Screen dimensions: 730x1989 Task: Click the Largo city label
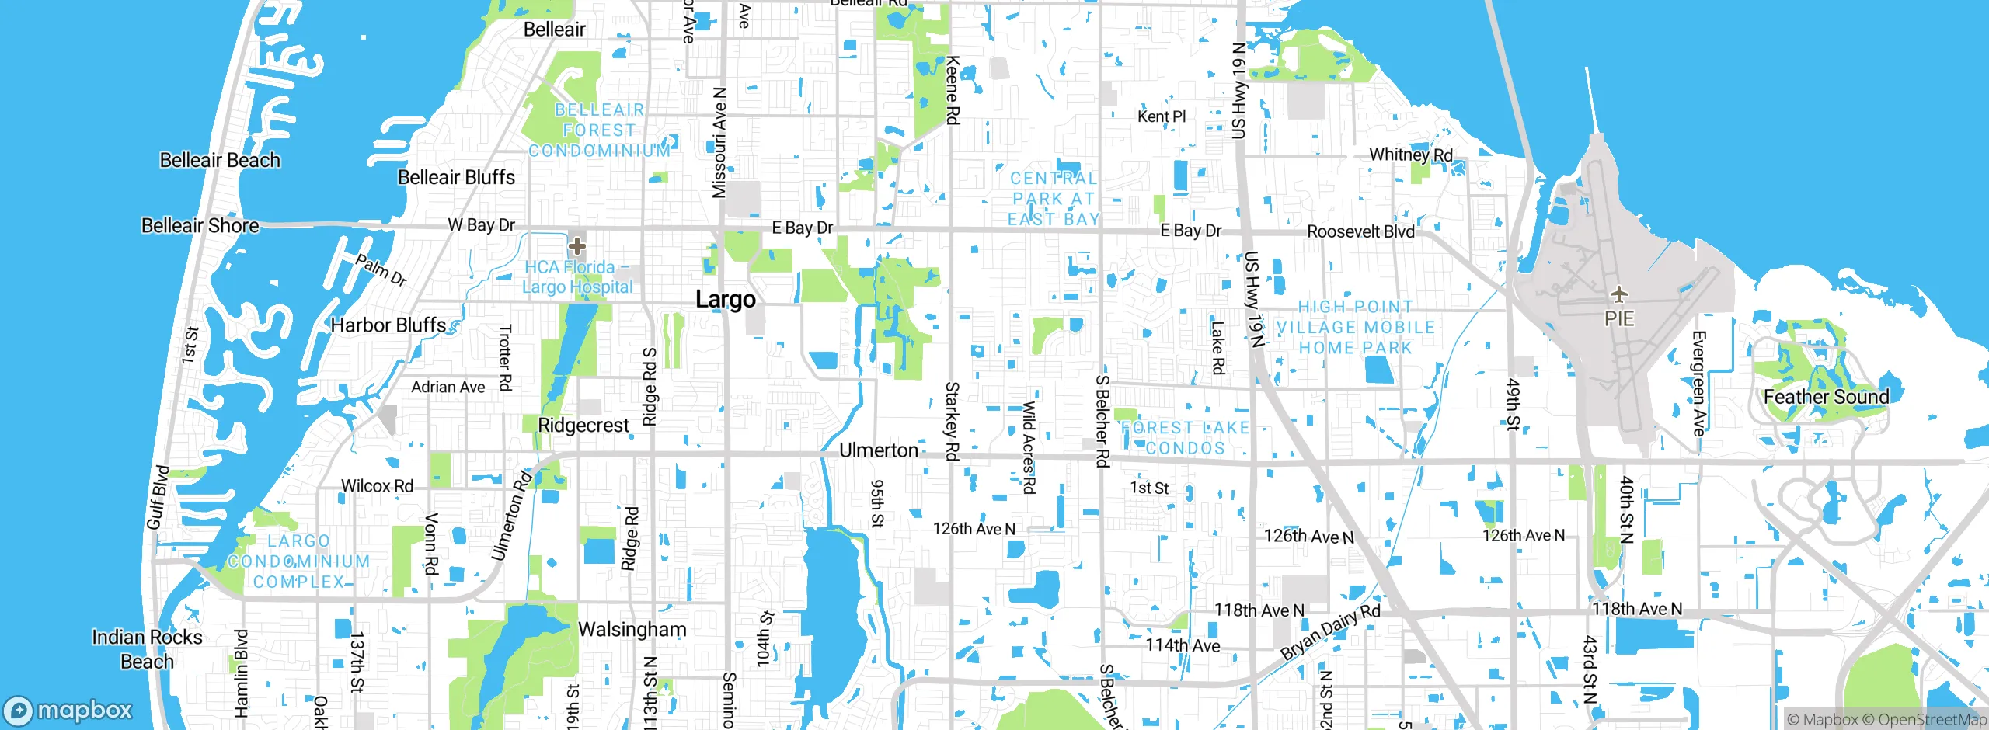[x=725, y=300]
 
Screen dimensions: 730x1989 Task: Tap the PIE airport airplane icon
[x=1619, y=294]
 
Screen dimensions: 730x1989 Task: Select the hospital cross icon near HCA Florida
[x=576, y=247]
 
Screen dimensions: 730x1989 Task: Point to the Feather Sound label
[x=1826, y=397]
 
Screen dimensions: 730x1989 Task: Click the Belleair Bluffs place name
[x=456, y=178]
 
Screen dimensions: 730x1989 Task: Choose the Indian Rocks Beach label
[x=146, y=649]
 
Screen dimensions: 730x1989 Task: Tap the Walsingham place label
[x=632, y=629]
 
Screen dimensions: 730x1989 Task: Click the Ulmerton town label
[x=878, y=450]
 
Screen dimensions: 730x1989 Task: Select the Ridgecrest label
[x=583, y=426]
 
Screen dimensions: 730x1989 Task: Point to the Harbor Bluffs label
[x=388, y=325]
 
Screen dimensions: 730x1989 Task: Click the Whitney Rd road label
[x=1410, y=155]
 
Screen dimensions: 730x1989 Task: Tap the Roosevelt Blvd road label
[x=1360, y=231]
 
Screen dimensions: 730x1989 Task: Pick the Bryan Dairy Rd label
[x=1329, y=631]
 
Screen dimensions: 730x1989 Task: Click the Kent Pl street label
[x=1162, y=116]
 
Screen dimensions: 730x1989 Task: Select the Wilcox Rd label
[x=377, y=486]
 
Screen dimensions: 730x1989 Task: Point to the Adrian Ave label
[x=448, y=387]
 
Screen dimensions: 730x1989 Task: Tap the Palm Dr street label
[x=381, y=269]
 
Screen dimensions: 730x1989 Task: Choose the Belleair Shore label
[x=200, y=226]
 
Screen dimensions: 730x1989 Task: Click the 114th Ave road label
[x=1183, y=645]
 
